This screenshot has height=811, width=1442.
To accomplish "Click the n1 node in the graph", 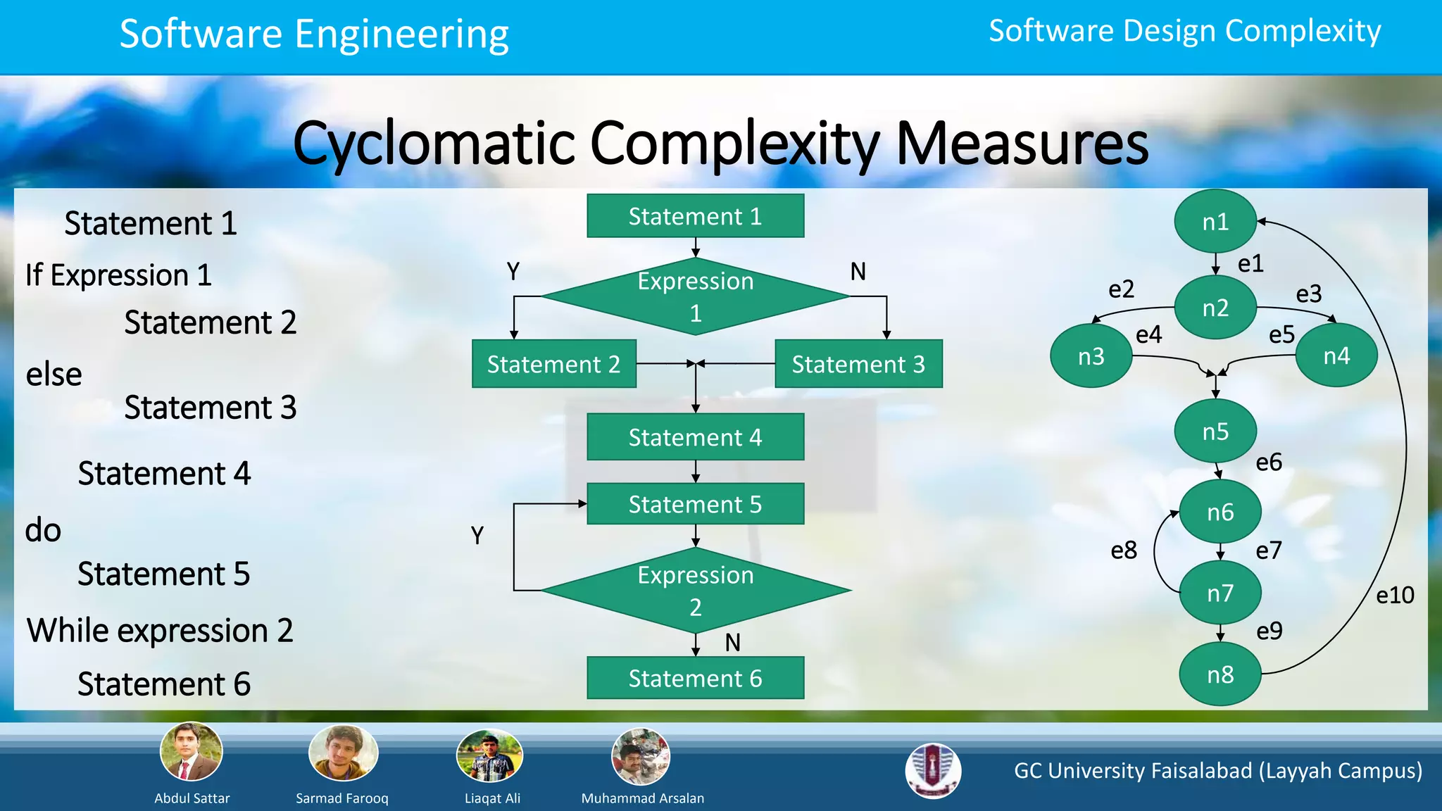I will click(x=1215, y=222).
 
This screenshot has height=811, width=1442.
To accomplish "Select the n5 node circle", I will click(x=1215, y=431).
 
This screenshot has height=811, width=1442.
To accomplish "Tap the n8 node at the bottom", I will click(x=1220, y=674).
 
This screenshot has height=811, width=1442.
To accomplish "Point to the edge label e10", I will click(x=1395, y=596).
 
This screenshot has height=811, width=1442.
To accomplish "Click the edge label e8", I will click(x=1124, y=551).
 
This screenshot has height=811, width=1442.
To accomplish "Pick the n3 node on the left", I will click(x=1091, y=356).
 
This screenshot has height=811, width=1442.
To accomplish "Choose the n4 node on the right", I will click(x=1336, y=356).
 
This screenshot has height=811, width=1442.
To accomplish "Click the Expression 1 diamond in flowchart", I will click(x=696, y=296).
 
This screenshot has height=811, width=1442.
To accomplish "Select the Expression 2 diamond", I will click(x=696, y=591).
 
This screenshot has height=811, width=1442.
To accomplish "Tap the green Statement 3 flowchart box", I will click(x=858, y=364).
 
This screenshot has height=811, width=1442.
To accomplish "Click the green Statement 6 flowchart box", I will click(x=696, y=678).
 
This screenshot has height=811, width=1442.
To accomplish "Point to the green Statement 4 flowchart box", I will click(x=696, y=437).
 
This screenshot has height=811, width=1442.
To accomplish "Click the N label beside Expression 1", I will click(x=858, y=272).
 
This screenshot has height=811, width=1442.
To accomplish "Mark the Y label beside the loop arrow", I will click(x=477, y=536).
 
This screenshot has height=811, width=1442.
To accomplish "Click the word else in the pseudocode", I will click(x=54, y=375).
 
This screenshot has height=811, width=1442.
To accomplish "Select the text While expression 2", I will click(x=160, y=630).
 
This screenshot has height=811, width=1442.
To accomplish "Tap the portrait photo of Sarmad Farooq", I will click(x=343, y=753).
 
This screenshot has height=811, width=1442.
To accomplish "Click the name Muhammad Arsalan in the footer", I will click(x=642, y=798).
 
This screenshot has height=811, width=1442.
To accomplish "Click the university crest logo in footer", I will click(x=933, y=771).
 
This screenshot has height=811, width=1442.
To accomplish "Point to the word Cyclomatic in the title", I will click(x=434, y=144).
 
